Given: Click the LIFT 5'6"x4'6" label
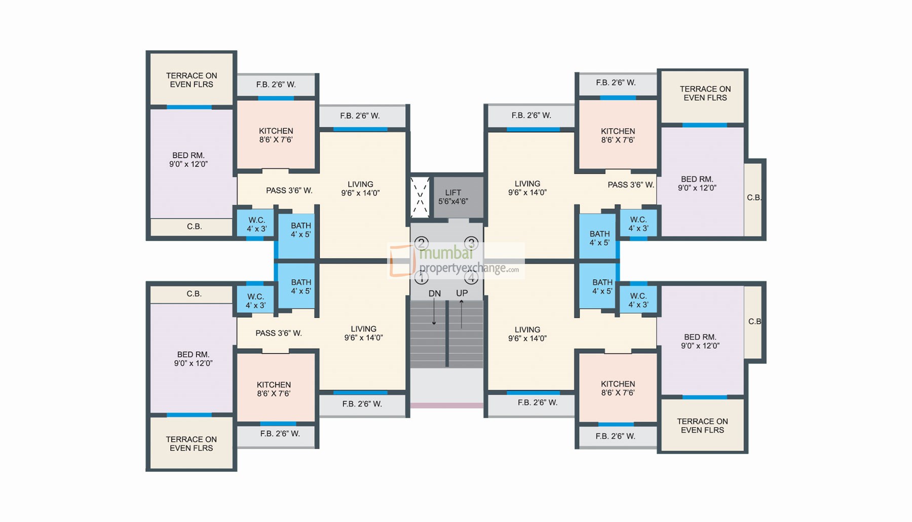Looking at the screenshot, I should [x=453, y=197].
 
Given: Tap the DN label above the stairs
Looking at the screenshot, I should [x=434, y=293].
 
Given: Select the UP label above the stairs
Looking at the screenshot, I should [x=462, y=293].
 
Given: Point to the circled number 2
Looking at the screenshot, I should [x=422, y=243].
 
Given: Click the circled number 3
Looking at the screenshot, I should [x=471, y=243].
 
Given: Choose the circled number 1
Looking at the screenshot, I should [x=422, y=277].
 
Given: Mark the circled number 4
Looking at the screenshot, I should [x=471, y=277].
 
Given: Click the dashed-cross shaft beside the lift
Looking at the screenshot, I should [x=420, y=197].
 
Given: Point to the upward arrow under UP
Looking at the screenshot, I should [x=462, y=313].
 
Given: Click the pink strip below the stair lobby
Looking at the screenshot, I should [x=446, y=405].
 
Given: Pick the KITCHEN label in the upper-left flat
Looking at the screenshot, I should [x=276, y=135].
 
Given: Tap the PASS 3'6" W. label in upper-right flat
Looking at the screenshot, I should [x=631, y=185].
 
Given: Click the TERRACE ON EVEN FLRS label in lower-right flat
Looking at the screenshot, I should [x=702, y=426].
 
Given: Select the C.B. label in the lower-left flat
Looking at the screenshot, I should [x=194, y=294].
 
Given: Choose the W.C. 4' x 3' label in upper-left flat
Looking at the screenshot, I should [x=256, y=224].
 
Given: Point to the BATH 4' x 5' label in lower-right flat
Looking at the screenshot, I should [x=602, y=287].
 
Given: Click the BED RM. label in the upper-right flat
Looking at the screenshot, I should [x=697, y=183].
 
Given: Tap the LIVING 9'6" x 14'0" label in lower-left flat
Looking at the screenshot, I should [x=363, y=333].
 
